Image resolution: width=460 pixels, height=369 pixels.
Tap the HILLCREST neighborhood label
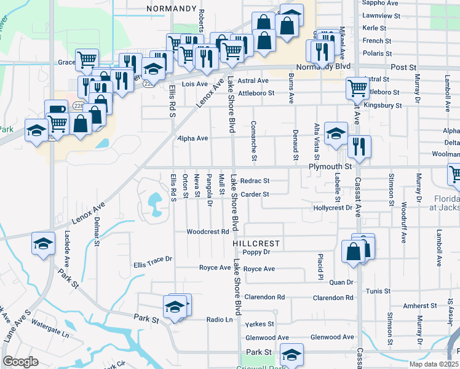[256, 244]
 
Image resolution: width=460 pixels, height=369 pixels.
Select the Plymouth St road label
[330, 167]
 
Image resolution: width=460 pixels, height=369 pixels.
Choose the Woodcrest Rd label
[208, 232]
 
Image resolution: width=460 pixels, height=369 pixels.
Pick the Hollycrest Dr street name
[332, 208]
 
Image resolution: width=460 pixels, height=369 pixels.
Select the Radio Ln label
[220, 319]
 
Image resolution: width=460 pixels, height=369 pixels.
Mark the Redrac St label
[255, 181]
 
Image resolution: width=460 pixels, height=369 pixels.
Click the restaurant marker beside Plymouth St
[359, 147]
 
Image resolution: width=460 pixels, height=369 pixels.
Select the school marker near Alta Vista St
[336, 133]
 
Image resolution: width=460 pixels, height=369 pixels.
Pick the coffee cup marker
[57, 110]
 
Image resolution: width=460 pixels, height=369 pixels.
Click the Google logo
[20, 362]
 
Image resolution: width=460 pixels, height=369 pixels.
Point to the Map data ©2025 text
[433, 364]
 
